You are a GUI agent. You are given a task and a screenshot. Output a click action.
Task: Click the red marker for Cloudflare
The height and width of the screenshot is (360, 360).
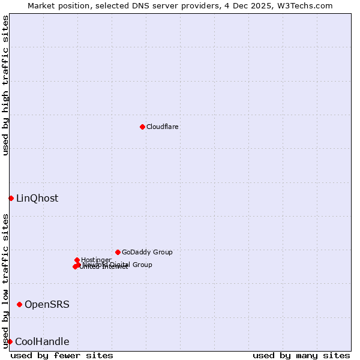pos(142,127)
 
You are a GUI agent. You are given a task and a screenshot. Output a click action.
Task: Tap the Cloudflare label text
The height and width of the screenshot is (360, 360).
pos(162,127)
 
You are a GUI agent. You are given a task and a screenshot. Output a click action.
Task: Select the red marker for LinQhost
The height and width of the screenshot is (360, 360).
pos(11,198)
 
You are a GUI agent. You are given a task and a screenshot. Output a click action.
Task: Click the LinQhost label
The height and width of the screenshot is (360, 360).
pos(37,199)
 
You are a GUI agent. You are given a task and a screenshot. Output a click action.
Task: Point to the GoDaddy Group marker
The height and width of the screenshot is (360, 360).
pos(118,252)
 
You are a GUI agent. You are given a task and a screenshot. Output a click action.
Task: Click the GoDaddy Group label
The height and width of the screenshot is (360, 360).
pos(147,252)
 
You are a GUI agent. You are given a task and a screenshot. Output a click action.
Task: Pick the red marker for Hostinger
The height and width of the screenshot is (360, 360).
pos(77,260)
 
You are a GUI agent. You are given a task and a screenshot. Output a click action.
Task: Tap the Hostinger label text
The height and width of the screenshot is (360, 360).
pos(96,260)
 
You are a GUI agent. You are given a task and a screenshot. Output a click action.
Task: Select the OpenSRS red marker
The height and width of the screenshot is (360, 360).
pos(19,305)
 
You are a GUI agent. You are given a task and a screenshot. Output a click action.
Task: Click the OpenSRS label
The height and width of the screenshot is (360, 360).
pos(47,305)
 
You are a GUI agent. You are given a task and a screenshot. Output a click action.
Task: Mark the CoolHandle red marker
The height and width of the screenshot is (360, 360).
pos(10,341)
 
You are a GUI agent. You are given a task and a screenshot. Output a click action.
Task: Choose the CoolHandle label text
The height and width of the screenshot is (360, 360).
pos(42,342)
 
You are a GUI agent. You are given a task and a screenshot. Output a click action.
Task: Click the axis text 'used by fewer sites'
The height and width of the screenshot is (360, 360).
pos(62,355)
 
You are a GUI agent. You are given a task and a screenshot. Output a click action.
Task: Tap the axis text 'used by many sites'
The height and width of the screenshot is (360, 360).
pos(301,355)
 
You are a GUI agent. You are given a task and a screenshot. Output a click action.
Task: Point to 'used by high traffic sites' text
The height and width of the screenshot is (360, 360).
pos(5,86)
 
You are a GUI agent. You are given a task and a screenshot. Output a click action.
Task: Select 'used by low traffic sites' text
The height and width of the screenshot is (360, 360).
pos(5,281)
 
